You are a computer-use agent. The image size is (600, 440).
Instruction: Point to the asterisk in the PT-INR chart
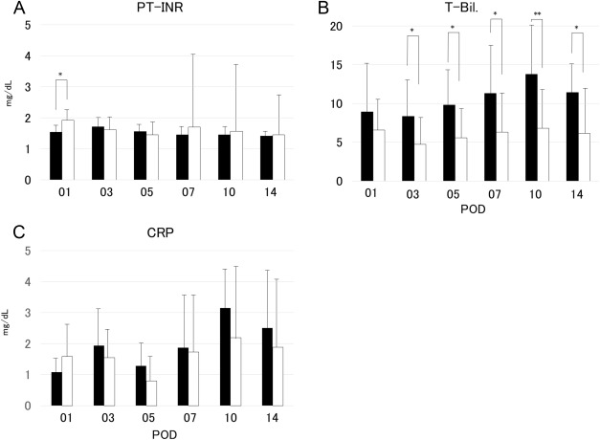tap(61, 74)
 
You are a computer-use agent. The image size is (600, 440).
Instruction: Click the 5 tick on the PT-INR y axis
tap(28, 25)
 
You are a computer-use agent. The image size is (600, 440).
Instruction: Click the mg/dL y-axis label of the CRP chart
tap(9, 328)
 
